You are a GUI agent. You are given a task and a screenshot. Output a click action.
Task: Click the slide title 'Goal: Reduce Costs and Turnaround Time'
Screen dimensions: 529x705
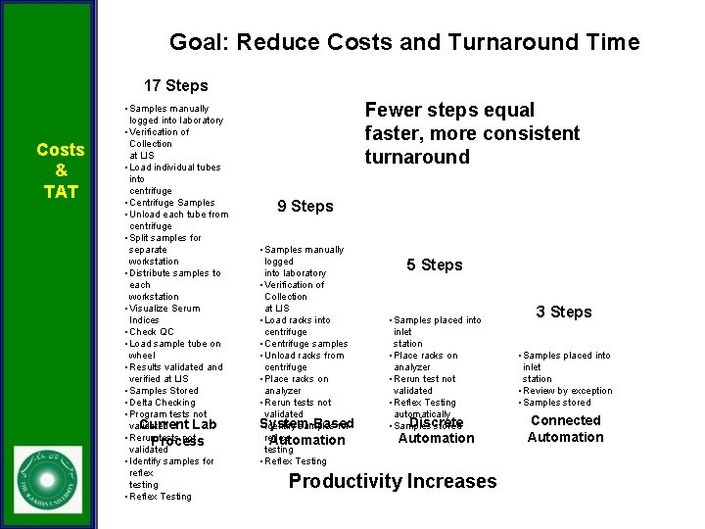coord(403,42)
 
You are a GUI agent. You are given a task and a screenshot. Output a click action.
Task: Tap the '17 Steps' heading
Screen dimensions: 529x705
coord(175,85)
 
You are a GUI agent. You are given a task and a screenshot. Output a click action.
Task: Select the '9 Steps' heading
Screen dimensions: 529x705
coord(305,206)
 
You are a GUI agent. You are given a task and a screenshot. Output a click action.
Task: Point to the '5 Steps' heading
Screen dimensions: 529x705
coord(434,264)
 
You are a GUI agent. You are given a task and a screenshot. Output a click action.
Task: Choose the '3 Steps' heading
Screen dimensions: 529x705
coord(563,312)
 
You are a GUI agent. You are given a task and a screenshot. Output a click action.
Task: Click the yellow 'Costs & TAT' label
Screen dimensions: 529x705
coord(61,170)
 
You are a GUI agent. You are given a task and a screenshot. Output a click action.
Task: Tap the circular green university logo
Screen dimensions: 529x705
coord(48,479)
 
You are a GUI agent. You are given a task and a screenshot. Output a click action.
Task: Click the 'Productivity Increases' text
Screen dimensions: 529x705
coord(393,481)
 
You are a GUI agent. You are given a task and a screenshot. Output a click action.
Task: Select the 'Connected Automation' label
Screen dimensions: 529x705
coord(565,428)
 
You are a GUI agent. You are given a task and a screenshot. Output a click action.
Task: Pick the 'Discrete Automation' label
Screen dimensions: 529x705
coord(436,430)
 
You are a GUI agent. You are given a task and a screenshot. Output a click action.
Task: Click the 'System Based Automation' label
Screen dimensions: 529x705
coord(306,432)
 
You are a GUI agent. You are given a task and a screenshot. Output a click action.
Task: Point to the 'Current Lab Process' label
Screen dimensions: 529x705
coord(177,433)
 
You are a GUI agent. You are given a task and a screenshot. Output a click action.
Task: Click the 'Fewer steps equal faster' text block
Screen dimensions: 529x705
coord(472,133)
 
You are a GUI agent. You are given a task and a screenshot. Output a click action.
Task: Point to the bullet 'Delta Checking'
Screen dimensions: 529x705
coord(163,403)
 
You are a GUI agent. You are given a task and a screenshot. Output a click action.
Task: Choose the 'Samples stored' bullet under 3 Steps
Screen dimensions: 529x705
coord(558,403)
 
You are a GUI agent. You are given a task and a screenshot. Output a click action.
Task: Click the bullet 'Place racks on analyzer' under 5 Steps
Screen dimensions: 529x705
coord(425,361)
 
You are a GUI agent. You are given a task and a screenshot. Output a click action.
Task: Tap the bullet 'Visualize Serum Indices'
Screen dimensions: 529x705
coord(164,313)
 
